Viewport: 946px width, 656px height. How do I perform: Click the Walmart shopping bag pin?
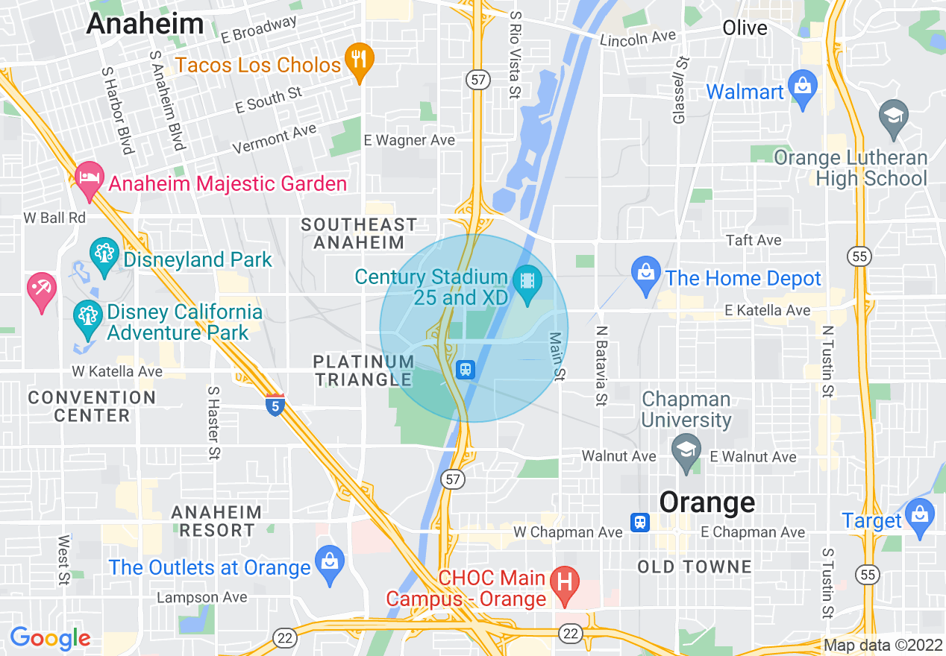point(803,88)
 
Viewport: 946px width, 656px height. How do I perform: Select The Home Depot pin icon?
point(646,275)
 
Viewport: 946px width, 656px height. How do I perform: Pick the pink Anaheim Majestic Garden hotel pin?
point(90,180)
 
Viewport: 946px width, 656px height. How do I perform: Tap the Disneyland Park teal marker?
point(104,254)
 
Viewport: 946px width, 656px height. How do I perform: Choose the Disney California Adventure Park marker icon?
point(88,318)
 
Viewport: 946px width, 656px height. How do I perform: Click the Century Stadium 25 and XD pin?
point(528,283)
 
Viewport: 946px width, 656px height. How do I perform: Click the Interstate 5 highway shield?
point(275,406)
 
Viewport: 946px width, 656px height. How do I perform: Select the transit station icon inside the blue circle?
point(466,369)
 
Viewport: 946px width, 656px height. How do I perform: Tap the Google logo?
point(50,638)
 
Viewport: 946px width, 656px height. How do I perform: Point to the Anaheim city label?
point(145,23)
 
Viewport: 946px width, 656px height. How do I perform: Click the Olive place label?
point(745,28)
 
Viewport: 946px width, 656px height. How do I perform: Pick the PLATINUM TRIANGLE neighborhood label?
point(363,370)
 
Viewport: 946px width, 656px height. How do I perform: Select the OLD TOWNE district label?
point(695,567)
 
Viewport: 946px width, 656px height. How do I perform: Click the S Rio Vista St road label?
point(514,54)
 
